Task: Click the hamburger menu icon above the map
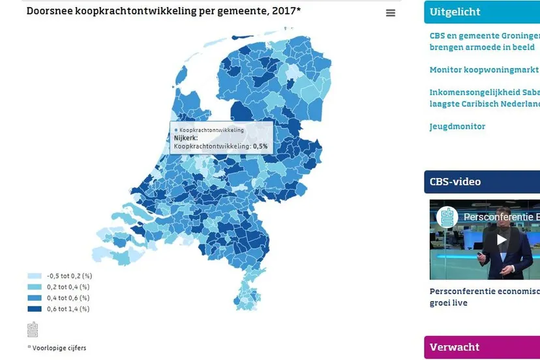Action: tap(391, 13)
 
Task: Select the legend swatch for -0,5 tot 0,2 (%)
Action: tap(34, 276)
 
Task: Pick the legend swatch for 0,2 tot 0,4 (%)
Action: tap(34, 287)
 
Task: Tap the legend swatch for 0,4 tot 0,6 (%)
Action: tap(34, 298)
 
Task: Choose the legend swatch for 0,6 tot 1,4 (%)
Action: tap(34, 308)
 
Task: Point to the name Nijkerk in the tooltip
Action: tap(186, 138)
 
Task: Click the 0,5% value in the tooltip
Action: tap(260, 147)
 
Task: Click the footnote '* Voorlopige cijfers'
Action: tap(57, 348)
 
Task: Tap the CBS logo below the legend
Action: tap(33, 329)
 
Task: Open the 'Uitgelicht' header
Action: tap(455, 12)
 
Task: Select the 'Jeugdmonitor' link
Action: tap(457, 127)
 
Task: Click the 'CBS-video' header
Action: tap(455, 181)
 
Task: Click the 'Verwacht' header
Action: tap(455, 347)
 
